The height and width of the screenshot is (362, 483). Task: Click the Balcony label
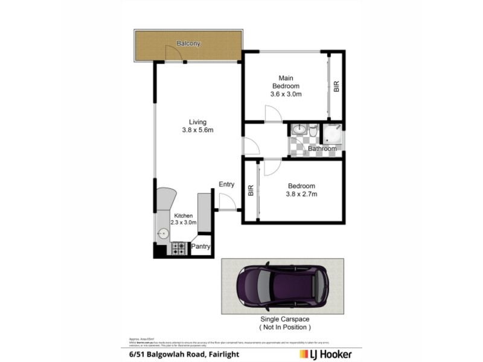188,43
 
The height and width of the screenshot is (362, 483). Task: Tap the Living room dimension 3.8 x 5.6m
197,130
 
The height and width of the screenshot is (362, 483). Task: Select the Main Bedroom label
286,82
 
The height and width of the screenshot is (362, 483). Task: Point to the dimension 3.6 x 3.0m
286,94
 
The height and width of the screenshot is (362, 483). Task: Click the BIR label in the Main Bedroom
336,86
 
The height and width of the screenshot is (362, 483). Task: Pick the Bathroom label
322,148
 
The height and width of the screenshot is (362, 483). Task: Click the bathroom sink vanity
299,130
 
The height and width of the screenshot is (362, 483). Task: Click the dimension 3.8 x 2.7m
302,194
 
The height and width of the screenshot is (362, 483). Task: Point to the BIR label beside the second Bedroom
251,190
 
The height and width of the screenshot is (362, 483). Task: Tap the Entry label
226,185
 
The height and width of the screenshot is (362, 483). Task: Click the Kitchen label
184,216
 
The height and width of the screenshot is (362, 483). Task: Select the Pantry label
201,246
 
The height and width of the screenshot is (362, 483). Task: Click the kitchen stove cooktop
178,247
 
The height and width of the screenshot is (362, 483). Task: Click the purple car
283,286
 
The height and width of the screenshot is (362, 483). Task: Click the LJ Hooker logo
325,354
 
